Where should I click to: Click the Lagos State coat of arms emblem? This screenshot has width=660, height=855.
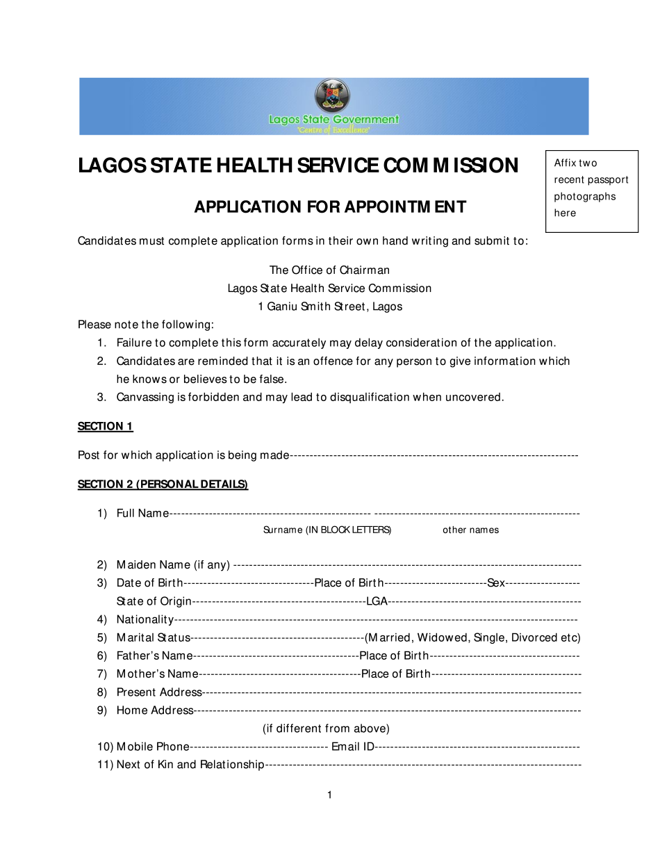click(x=332, y=95)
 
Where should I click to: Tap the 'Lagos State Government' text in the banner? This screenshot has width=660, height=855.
click(x=333, y=120)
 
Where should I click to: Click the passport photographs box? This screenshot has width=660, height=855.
click(x=591, y=191)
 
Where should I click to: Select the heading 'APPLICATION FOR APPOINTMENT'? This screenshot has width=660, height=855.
click(x=330, y=207)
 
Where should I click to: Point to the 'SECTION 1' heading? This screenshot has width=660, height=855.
click(x=105, y=427)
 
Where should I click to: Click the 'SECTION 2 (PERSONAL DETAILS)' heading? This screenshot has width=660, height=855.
click(x=163, y=484)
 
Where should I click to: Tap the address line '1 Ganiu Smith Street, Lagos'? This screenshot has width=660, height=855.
click(x=330, y=307)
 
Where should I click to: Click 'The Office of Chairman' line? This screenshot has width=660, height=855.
click(x=330, y=270)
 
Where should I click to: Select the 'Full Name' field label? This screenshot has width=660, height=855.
click(x=142, y=514)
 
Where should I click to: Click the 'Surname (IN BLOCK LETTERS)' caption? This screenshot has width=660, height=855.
click(x=327, y=530)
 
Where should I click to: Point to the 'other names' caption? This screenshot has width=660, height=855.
click(x=470, y=530)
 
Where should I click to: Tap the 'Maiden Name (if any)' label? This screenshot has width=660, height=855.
click(x=173, y=565)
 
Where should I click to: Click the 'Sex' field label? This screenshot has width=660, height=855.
click(x=496, y=583)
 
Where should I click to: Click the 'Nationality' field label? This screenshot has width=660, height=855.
click(x=145, y=619)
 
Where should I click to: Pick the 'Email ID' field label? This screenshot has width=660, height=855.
click(x=353, y=747)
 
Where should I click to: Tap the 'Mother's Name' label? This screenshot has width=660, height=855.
click(x=157, y=674)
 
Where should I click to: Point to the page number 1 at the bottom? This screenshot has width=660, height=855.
click(x=329, y=795)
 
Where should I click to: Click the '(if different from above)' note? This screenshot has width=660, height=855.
click(x=326, y=728)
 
